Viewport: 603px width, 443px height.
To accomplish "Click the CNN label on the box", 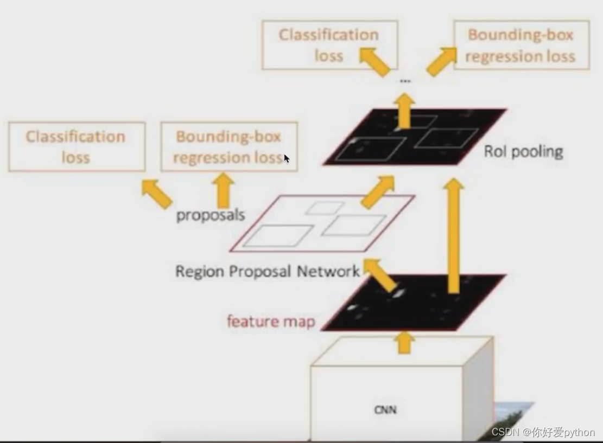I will point(385,409).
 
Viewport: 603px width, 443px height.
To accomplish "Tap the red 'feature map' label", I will point(271,321).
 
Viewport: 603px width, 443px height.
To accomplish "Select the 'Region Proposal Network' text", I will point(267,271).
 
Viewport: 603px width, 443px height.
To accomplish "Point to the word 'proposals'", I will point(211,215).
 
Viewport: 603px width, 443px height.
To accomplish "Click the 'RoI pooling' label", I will point(523,151).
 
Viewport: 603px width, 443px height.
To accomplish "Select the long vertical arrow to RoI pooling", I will point(454,236).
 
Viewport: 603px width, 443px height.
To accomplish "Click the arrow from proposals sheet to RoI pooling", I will point(378,191).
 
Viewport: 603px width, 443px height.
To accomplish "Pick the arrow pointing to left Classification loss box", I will point(156,194).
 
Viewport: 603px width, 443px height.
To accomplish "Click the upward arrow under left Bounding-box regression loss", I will point(222,190).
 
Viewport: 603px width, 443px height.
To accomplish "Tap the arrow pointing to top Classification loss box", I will point(375,61).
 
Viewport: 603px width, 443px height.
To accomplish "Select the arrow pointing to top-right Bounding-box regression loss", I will point(441,61).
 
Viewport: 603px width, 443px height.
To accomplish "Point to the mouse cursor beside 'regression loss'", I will point(287,158).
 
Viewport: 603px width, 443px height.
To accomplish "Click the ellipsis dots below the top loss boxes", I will point(405,81).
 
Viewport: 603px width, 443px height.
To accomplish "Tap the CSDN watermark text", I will point(543,432).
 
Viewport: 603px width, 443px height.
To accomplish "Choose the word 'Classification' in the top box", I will point(329,35).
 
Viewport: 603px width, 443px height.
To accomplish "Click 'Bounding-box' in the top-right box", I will point(521,35).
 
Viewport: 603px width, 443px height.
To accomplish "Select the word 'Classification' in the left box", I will point(75,137).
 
